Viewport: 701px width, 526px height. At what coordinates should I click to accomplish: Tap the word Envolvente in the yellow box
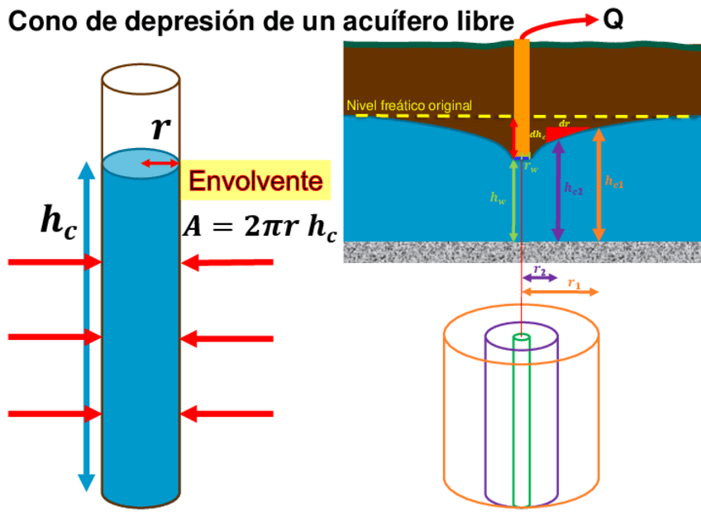click(x=255, y=181)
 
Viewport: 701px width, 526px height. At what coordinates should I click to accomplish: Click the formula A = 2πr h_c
click(x=259, y=227)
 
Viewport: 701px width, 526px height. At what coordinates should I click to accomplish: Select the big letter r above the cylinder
click(x=160, y=129)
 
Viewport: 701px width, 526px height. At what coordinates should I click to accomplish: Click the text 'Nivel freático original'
click(x=409, y=106)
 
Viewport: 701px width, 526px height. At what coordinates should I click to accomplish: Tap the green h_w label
click(x=498, y=198)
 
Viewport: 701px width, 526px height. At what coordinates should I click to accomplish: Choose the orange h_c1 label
click(x=614, y=181)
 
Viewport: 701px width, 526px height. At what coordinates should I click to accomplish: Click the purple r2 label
click(x=540, y=270)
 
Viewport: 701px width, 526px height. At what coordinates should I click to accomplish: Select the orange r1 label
click(x=574, y=283)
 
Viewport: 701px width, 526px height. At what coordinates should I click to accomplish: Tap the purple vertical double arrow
click(x=557, y=190)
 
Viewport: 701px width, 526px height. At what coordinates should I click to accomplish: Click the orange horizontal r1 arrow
click(x=559, y=292)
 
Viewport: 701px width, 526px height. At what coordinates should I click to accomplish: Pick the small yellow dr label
click(x=565, y=123)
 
